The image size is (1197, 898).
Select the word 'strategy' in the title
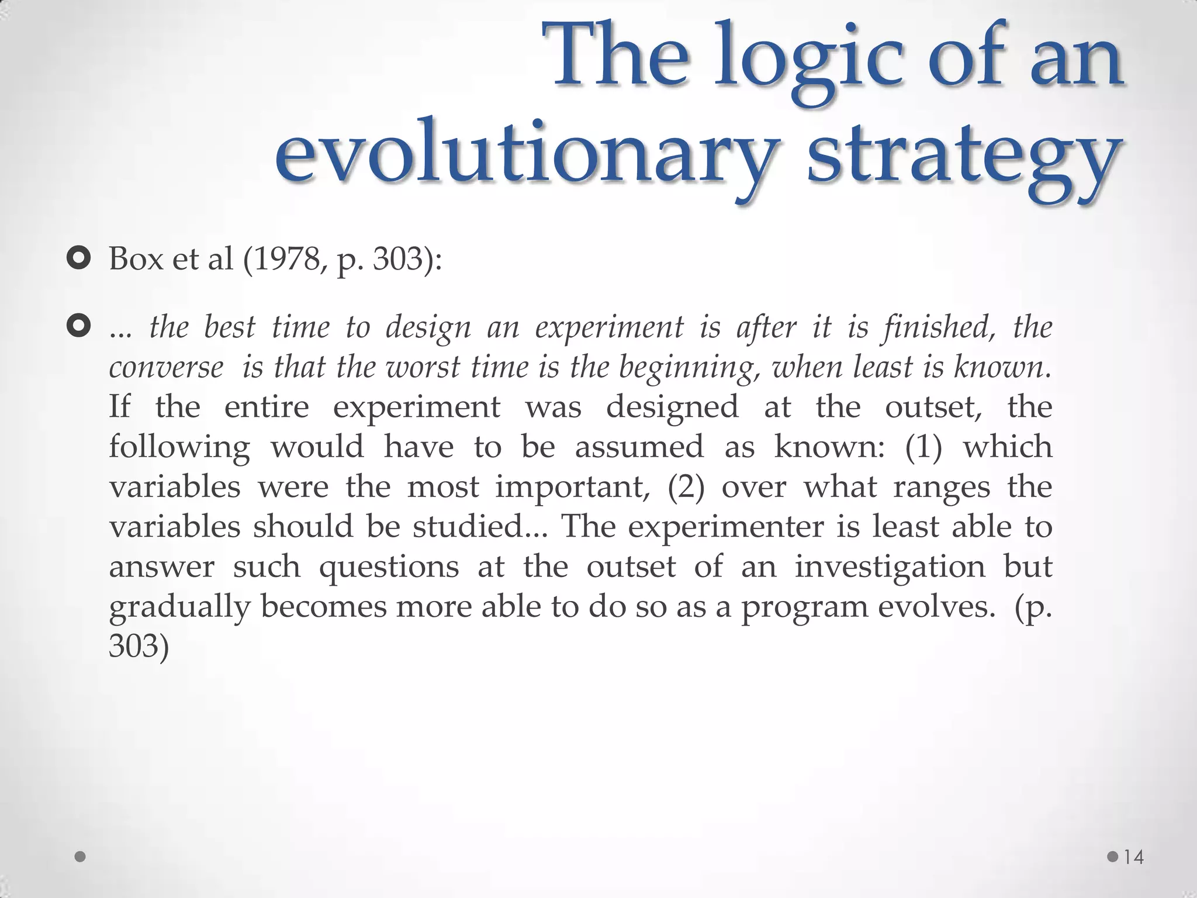[964, 157]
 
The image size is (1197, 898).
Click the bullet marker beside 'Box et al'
[78, 258]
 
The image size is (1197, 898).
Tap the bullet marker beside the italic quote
[78, 326]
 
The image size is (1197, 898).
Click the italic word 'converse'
[166, 368]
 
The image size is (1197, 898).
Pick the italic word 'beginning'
[690, 368]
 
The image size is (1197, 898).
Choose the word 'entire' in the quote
[267, 407]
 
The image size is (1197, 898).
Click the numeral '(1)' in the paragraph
[923, 447]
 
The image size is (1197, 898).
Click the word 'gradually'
[179, 607]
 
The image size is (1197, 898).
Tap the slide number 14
[1134, 857]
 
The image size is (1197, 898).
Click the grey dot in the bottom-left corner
[81, 857]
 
